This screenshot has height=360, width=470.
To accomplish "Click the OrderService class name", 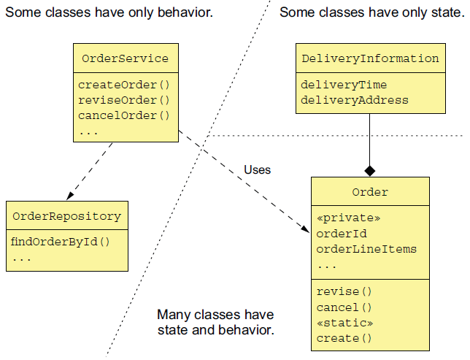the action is click(126, 58).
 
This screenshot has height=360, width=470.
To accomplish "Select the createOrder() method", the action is click(124, 85).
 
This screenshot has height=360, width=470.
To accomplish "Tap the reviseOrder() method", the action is click(124, 100).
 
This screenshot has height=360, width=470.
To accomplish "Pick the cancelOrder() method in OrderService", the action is click(124, 115).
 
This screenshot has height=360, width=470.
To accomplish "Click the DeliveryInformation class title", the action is click(370, 58).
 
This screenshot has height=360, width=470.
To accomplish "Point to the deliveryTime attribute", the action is click(344, 85).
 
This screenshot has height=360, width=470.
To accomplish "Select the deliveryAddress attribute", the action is click(354, 100).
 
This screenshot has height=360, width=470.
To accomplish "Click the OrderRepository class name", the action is click(67, 216).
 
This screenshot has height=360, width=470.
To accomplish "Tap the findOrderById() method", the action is click(61, 242).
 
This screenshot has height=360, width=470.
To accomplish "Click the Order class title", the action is click(370, 192).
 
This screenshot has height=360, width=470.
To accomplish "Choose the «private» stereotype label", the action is click(348, 218).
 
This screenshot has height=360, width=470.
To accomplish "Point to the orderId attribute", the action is click(342, 234).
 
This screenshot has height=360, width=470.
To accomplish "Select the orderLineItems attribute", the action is click(366, 249).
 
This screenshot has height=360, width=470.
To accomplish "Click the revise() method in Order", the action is click(344, 291).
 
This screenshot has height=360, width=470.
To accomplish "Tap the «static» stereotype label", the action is click(344, 323).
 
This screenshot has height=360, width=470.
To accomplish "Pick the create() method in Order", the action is click(344, 338).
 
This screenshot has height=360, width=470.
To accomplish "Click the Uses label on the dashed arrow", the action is click(257, 170).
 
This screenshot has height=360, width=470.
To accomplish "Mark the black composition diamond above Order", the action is click(370, 171).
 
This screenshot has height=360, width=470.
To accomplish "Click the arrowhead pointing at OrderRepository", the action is click(70, 196).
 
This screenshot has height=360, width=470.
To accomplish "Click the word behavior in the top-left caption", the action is click(185, 12).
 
